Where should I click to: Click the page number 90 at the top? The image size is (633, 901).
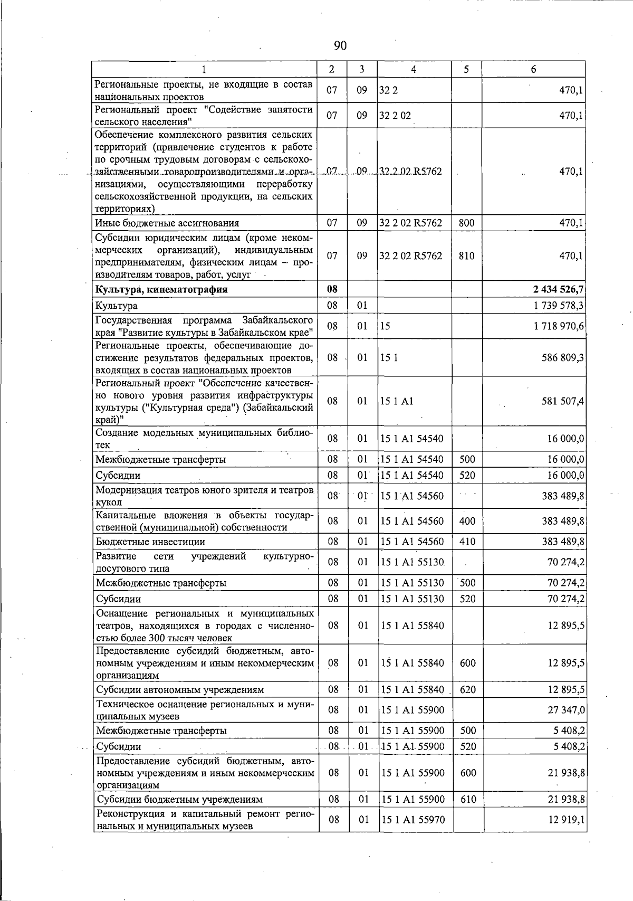click(x=340, y=46)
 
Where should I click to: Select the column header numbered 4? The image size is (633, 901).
click(x=414, y=69)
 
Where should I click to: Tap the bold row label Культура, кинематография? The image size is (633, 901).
click(x=161, y=289)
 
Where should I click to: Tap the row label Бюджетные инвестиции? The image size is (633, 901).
click(x=150, y=542)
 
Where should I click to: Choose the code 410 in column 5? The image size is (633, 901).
click(x=467, y=542)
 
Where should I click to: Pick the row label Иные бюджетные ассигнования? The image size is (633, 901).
click(x=167, y=223)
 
